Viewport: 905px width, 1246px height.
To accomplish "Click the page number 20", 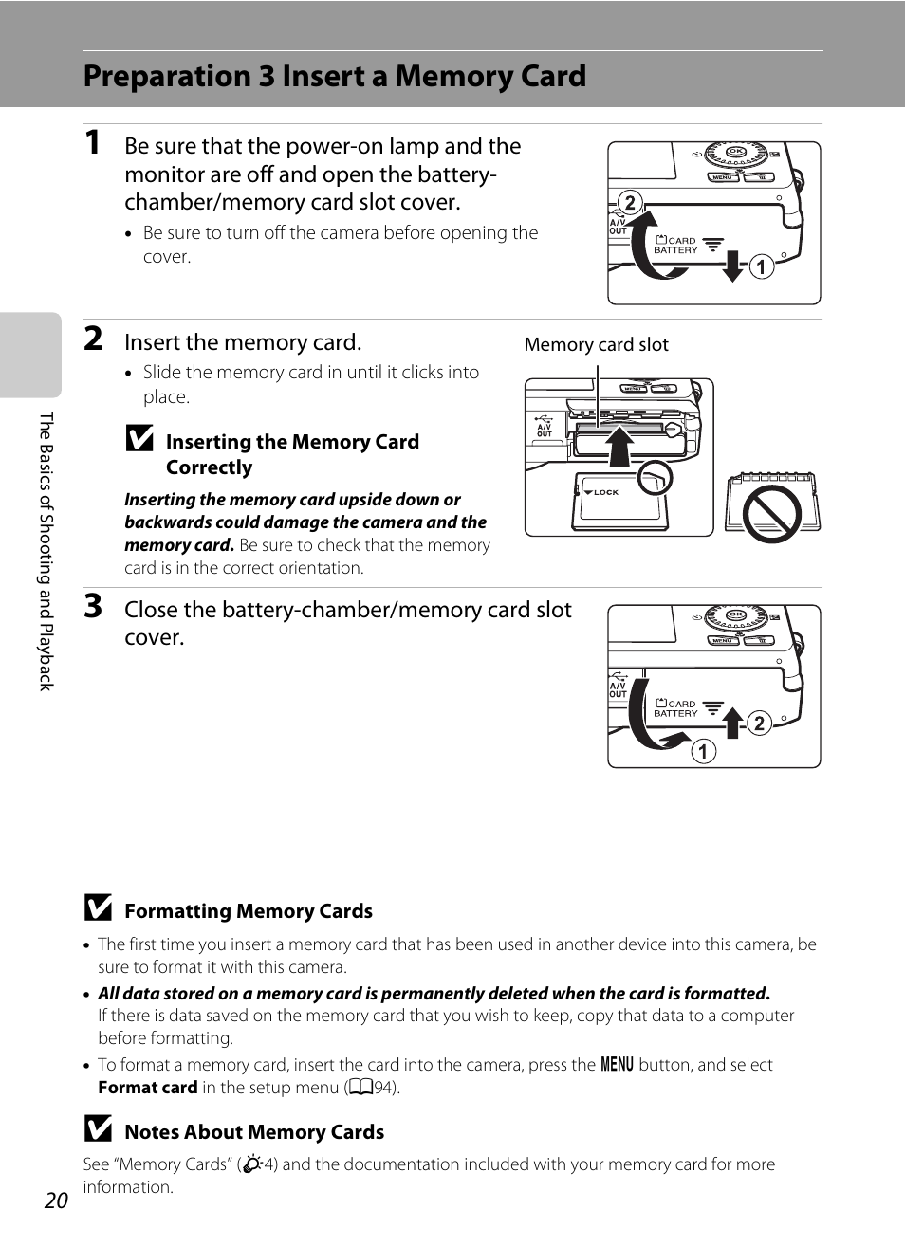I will pyautogui.click(x=56, y=1200).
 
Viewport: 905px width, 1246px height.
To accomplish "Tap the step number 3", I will pyautogui.click(x=93, y=606).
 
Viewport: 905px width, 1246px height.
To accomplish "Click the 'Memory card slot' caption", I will pyautogui.click(x=596, y=344).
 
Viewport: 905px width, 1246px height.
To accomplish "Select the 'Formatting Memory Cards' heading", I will pyautogui.click(x=248, y=910).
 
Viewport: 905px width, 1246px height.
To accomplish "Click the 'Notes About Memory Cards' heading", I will pyautogui.click(x=253, y=1131).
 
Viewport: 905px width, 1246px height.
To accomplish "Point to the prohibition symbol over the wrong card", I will pyautogui.click(x=771, y=514).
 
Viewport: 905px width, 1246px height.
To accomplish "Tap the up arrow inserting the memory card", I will pyautogui.click(x=619, y=446).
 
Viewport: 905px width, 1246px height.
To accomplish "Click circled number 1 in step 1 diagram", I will pyautogui.click(x=761, y=267).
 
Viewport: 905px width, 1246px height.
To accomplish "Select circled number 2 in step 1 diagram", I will pyautogui.click(x=629, y=202).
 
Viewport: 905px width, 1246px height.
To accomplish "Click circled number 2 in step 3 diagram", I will pyautogui.click(x=758, y=724).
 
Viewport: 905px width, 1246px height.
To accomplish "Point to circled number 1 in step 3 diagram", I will pyautogui.click(x=703, y=752).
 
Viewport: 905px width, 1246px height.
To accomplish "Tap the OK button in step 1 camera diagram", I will pyautogui.click(x=735, y=152).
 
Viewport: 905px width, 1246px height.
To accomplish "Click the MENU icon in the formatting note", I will pyautogui.click(x=617, y=1064).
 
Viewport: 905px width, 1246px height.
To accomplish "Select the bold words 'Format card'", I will pyautogui.click(x=147, y=1088).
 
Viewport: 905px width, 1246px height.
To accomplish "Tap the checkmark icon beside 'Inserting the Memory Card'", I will pyautogui.click(x=139, y=438).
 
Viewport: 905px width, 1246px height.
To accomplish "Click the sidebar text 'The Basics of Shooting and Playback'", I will pyautogui.click(x=46, y=551).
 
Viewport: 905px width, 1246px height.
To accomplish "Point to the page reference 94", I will pyautogui.click(x=383, y=1088).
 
